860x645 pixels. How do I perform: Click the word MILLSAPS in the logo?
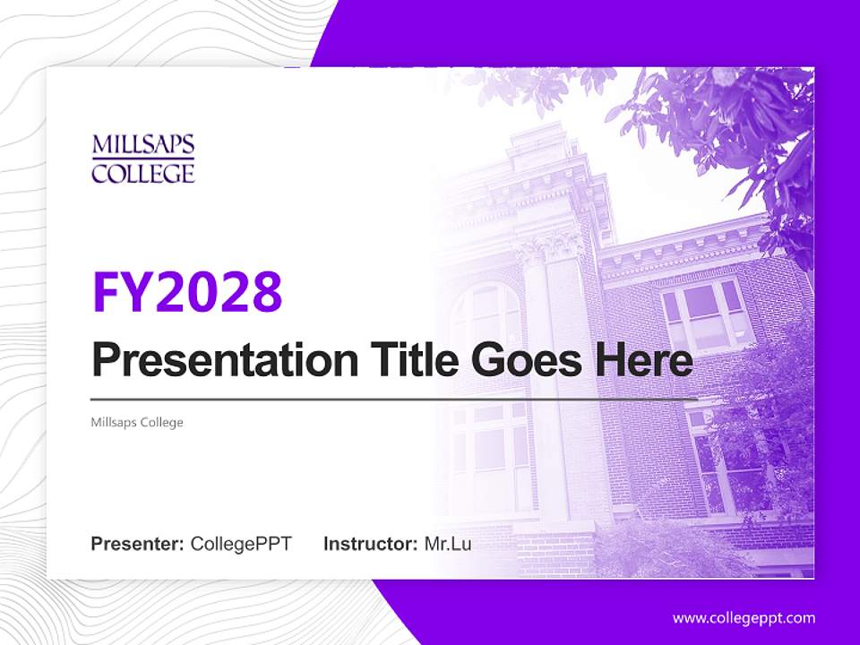143,146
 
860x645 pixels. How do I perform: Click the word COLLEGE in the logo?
143,172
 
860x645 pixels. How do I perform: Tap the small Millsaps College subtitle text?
137,422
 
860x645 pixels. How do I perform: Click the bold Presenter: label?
138,544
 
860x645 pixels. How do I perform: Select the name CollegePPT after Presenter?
241,544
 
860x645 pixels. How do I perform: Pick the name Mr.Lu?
447,544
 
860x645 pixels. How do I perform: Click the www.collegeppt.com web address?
744,617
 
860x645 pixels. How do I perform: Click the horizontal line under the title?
394,399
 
